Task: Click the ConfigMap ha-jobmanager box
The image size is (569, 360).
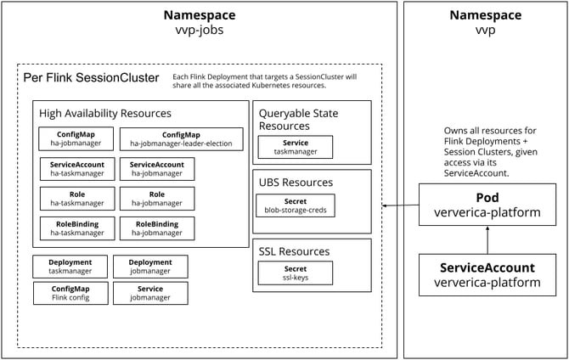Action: pos(76,139)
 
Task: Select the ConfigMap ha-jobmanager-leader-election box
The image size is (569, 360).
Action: pos(181,139)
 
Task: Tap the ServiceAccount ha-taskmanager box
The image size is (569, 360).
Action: pos(76,169)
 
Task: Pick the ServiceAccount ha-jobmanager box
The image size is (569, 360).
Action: pos(157,169)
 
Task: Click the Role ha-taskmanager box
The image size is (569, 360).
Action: pos(76,199)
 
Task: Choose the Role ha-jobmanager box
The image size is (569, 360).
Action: pos(157,199)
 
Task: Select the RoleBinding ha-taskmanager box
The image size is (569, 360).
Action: pos(76,228)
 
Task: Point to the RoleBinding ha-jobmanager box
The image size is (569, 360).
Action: pos(157,228)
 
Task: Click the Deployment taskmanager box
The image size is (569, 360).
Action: pos(70,267)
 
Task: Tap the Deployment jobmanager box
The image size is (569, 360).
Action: pos(150,267)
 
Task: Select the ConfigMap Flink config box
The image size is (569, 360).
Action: pos(70,293)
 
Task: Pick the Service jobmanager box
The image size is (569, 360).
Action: pos(150,293)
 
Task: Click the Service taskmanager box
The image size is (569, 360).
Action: pos(295,148)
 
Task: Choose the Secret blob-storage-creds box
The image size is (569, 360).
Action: pos(295,205)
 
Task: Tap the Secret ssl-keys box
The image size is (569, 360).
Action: pos(295,273)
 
